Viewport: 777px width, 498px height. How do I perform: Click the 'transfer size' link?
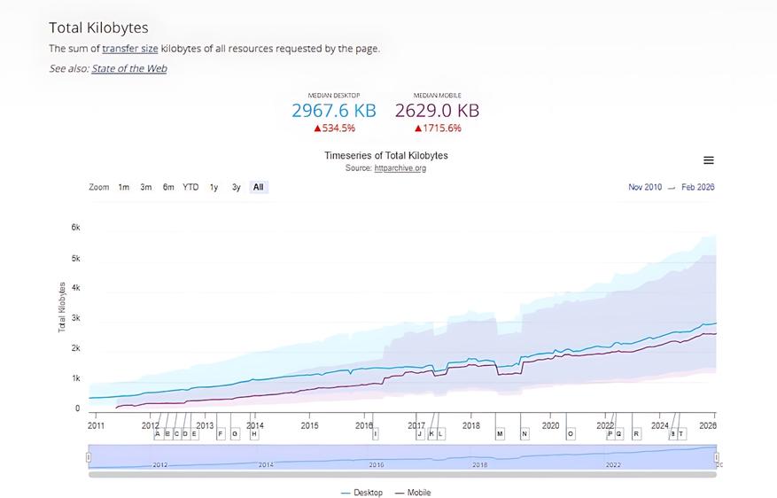(129, 49)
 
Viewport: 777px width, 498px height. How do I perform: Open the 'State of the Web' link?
(128, 68)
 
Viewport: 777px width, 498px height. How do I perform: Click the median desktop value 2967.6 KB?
(334, 111)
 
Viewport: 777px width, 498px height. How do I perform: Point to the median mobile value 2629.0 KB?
(437, 111)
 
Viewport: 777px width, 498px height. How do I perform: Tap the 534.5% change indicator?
(334, 128)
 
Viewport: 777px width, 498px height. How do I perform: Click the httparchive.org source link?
(400, 168)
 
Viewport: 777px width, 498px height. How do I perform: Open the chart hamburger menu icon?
(709, 160)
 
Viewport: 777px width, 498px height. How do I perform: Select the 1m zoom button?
(124, 187)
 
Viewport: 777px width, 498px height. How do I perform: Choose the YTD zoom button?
(190, 187)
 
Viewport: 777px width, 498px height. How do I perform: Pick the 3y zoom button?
(237, 187)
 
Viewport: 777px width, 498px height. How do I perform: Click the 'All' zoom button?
(258, 187)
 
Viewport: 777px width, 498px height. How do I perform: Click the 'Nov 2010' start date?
(645, 187)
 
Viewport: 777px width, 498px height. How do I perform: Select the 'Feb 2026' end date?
(698, 187)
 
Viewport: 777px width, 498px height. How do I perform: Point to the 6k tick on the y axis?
(75, 228)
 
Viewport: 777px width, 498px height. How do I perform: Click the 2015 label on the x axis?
(309, 425)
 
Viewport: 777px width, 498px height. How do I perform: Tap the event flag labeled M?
(500, 434)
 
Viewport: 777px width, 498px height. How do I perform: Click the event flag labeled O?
(571, 434)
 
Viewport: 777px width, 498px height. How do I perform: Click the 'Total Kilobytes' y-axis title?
(62, 307)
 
